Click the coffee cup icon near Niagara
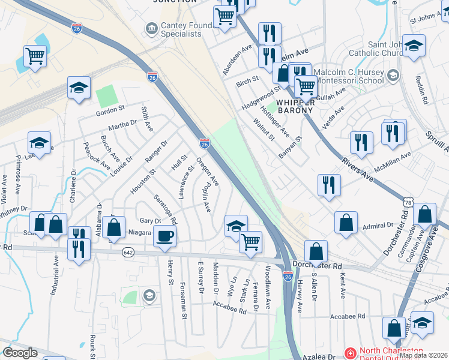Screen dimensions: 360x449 tap(164, 236)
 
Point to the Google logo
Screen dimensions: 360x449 tap(20, 353)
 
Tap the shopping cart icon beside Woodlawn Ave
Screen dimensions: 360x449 tap(250, 242)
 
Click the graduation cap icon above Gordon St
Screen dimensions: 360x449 tap(79, 88)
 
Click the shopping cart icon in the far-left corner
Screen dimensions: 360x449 tap(35, 57)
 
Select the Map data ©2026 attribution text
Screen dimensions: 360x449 tap(423, 355)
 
